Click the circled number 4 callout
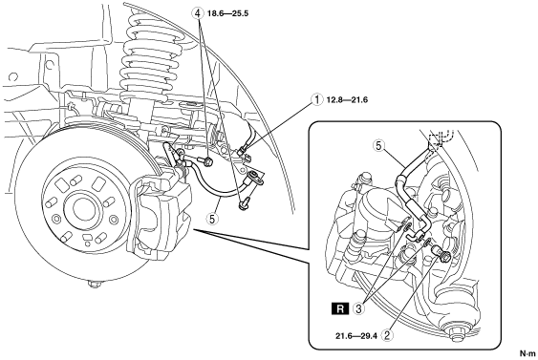pyautogui.click(x=197, y=13)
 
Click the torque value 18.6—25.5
pyautogui.click(x=227, y=13)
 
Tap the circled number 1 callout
pyautogui.click(x=316, y=99)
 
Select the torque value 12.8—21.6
pyautogui.click(x=347, y=99)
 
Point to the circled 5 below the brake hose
pyautogui.click(x=212, y=219)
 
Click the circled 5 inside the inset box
pyautogui.click(x=378, y=146)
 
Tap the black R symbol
pyautogui.click(x=340, y=309)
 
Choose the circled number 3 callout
pyautogui.click(x=359, y=309)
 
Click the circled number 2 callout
pyautogui.click(x=388, y=335)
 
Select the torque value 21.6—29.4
pyautogui.click(x=356, y=336)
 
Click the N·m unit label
pyautogui.click(x=527, y=353)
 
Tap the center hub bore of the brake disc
pyautogui.click(x=82, y=208)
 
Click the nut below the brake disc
pyautogui.click(x=94, y=284)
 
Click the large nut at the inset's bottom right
pyautogui.click(x=453, y=329)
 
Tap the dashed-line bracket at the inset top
pyautogui.click(x=441, y=138)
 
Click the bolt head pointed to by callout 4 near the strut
pyautogui.click(x=206, y=160)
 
